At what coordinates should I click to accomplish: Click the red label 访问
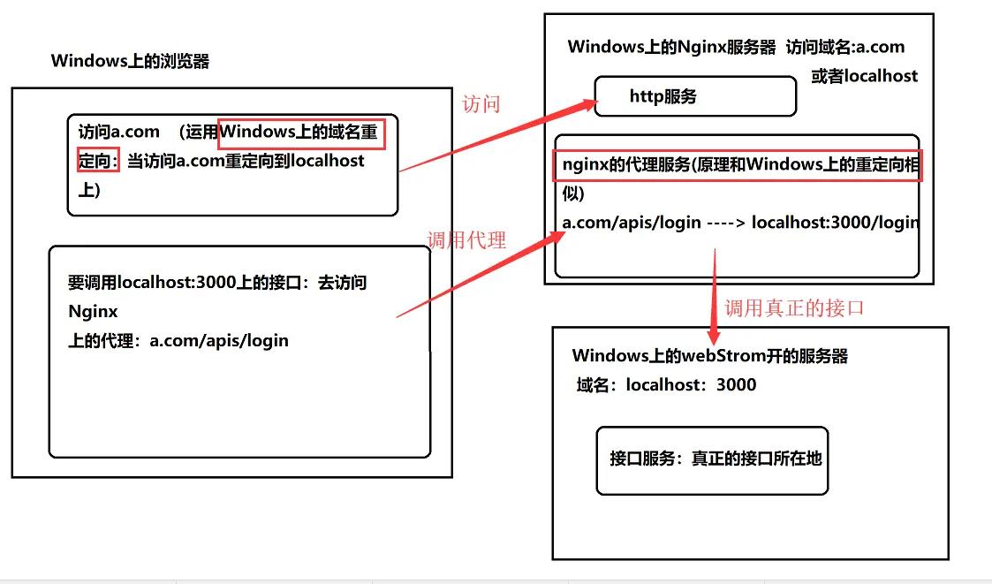point(481,104)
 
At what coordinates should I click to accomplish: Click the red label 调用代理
point(466,239)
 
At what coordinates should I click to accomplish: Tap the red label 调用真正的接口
point(794,308)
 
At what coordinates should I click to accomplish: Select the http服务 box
point(695,96)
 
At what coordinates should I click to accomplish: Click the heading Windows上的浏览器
point(130,61)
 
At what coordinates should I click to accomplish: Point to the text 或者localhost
point(864,76)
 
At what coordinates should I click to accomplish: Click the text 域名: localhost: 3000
point(666,384)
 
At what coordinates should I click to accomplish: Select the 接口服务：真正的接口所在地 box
point(713,459)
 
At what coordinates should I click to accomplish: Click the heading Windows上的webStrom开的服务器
point(709,356)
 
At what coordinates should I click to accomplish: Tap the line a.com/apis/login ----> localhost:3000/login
point(740,223)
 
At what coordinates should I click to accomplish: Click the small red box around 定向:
point(97,162)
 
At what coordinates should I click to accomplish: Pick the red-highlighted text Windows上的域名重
point(302,132)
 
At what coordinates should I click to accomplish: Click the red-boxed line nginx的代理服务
point(738,165)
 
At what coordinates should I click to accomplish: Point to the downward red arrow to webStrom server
point(713,300)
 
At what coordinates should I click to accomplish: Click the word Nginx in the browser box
point(93,312)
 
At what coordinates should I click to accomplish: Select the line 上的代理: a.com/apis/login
point(178,340)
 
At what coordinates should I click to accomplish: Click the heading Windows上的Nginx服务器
point(671,48)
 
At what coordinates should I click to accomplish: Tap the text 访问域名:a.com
point(845,48)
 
